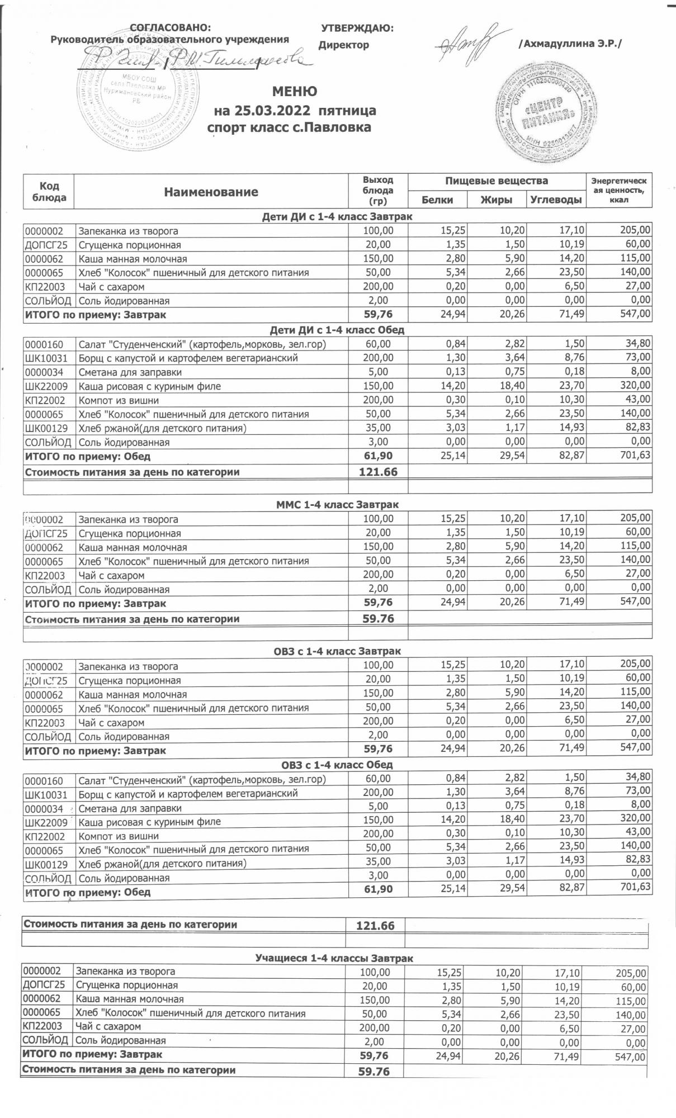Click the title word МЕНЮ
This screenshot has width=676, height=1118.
pyautogui.click(x=295, y=92)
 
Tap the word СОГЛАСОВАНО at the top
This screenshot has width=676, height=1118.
pyautogui.click(x=170, y=27)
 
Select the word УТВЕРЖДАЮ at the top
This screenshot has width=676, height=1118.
pyautogui.click(x=357, y=28)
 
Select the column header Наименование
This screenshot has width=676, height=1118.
pyautogui.click(x=211, y=192)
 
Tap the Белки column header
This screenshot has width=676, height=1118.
pyautogui.click(x=437, y=200)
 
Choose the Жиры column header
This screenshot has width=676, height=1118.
pyautogui.click(x=497, y=200)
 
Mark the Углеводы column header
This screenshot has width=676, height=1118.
pyautogui.click(x=556, y=200)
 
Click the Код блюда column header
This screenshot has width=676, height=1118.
pyautogui.click(x=49, y=191)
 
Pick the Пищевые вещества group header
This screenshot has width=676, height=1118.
pyautogui.click(x=497, y=181)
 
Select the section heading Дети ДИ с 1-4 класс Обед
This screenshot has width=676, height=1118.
pyautogui.click(x=337, y=330)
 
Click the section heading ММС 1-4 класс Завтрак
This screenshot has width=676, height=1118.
pyautogui.click(x=337, y=505)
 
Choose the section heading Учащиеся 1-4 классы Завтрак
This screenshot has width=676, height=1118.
pyautogui.click(x=334, y=959)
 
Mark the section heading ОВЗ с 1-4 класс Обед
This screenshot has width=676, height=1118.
pyautogui.click(x=337, y=764)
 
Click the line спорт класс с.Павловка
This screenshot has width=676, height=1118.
pyautogui.click(x=289, y=127)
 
